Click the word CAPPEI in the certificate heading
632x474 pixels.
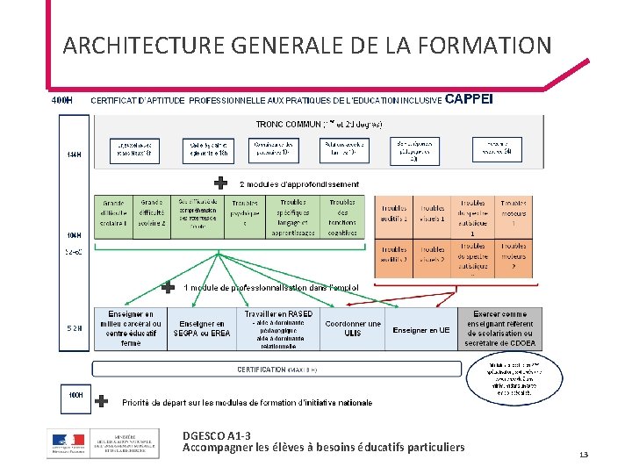tap(470, 99)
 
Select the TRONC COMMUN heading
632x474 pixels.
tap(318, 125)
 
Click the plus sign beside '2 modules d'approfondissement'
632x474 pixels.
tap(221, 183)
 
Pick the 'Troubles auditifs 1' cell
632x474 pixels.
tap(394, 213)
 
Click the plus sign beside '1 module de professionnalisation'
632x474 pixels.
tap(168, 287)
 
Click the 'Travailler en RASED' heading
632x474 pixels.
tap(278, 313)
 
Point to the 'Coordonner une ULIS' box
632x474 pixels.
tap(353, 328)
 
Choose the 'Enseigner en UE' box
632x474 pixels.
tap(421, 330)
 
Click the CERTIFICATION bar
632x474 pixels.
tap(276, 370)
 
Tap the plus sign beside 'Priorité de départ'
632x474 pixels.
tap(102, 401)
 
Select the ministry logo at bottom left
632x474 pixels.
tap(103, 443)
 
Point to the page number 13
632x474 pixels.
tap(583, 455)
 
